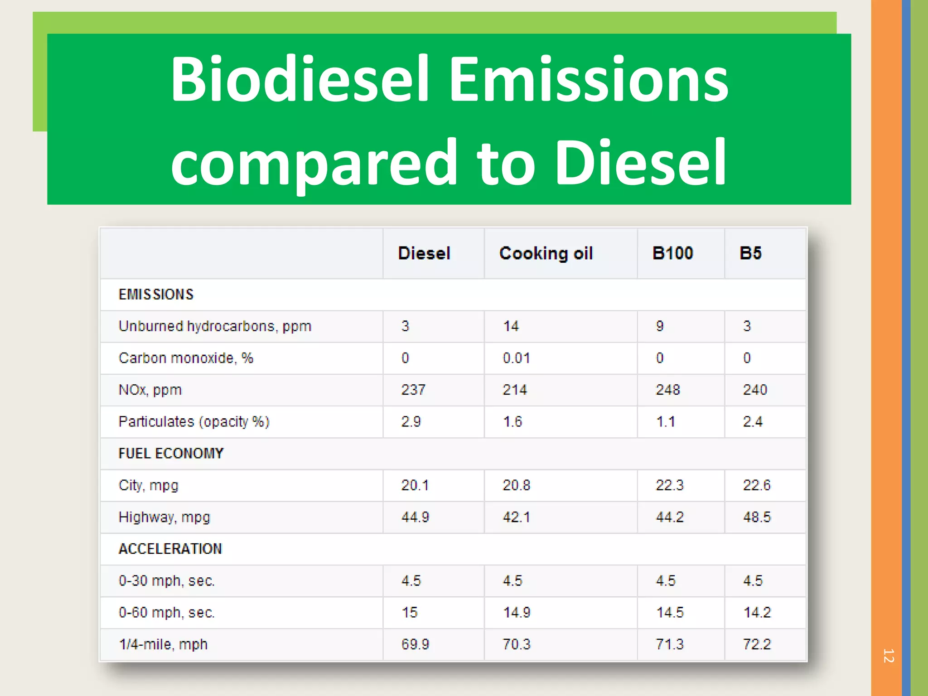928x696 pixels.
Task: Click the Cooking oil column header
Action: [x=546, y=253]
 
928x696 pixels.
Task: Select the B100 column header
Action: [x=672, y=253]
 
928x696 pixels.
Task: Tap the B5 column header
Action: [x=750, y=253]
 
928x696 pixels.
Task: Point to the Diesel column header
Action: [x=424, y=253]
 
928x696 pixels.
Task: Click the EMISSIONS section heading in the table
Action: [x=156, y=295]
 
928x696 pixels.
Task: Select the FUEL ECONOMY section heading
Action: [x=171, y=454]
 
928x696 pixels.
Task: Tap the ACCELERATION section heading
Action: [x=170, y=549]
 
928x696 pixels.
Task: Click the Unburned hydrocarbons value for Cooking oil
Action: [x=511, y=326]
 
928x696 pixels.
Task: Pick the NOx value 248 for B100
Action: [x=668, y=390]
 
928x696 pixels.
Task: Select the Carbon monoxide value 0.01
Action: [x=516, y=358]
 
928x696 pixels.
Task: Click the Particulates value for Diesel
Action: [x=411, y=422]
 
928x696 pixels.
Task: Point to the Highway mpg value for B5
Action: [x=757, y=517]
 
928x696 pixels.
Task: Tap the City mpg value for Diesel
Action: [x=415, y=485]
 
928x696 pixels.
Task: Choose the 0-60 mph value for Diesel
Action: [x=410, y=613]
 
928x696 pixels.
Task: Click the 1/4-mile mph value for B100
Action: [x=670, y=644]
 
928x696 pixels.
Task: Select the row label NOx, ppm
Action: [x=150, y=390]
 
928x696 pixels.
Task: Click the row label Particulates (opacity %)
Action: [x=194, y=422]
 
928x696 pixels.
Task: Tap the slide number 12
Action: [x=888, y=656]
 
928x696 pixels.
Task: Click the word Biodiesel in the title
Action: [x=300, y=79]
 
